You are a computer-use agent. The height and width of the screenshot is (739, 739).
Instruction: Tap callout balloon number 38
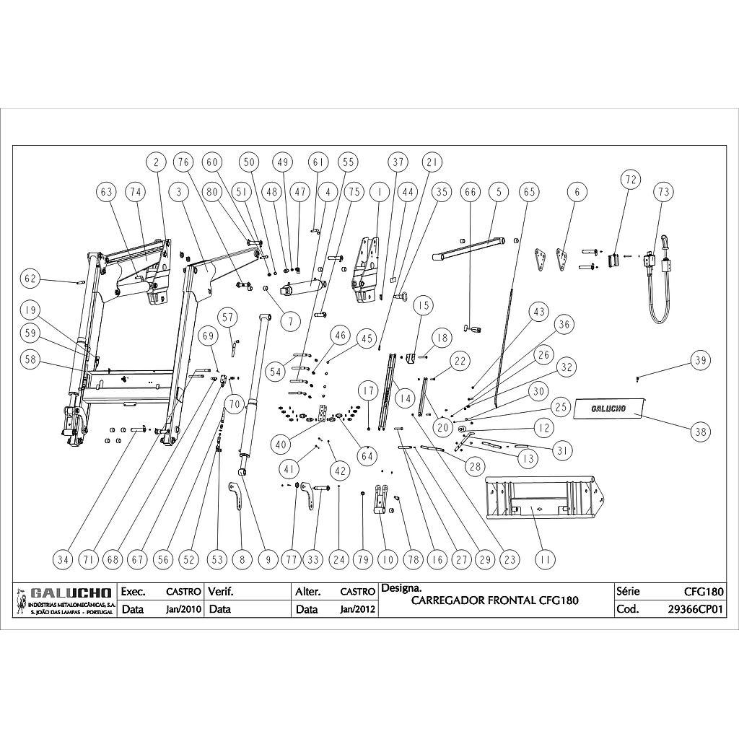(x=699, y=432)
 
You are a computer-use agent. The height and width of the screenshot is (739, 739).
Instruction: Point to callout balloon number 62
(x=29, y=278)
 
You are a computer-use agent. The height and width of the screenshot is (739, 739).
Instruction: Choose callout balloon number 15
(x=423, y=305)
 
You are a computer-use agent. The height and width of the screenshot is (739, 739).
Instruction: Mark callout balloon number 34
(x=64, y=559)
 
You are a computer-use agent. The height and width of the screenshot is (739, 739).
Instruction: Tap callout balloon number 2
(x=156, y=162)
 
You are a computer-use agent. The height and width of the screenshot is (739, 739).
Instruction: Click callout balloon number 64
(x=367, y=455)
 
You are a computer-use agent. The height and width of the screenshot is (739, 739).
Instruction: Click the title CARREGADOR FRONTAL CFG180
(x=494, y=600)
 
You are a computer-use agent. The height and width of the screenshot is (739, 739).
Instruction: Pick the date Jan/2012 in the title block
(x=357, y=609)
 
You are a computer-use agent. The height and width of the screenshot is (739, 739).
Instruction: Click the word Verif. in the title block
(x=221, y=592)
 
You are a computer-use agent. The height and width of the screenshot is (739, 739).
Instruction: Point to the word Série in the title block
(x=629, y=591)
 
